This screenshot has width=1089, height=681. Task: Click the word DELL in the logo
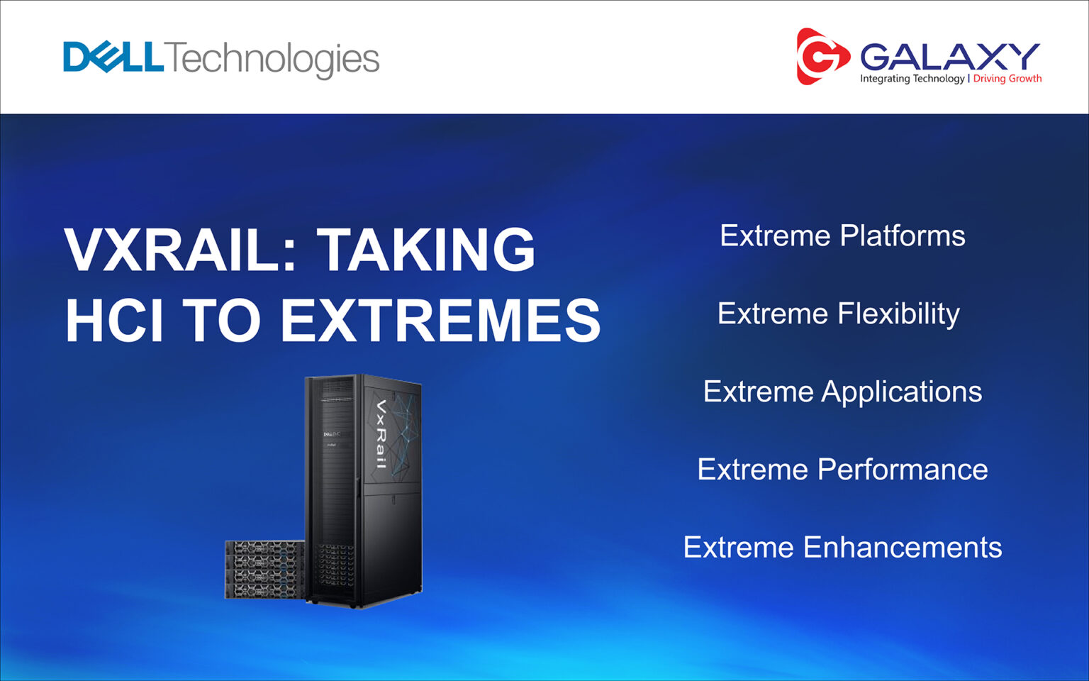[113, 57]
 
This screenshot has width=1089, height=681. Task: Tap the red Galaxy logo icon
[821, 57]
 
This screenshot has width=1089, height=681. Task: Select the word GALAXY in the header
[950, 57]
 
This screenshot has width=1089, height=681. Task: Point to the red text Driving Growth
[1007, 79]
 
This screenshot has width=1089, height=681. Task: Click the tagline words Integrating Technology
[912, 79]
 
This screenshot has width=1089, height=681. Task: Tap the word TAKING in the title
[425, 250]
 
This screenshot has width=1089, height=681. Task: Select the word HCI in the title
[114, 321]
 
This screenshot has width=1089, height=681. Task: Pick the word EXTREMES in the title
[440, 321]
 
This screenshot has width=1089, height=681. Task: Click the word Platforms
[903, 236]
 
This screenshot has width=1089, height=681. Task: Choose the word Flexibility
[898, 314]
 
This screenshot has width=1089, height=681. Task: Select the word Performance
[903, 470]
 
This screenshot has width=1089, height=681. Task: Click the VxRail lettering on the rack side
[381, 434]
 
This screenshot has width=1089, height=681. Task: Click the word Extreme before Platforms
[775, 236]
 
